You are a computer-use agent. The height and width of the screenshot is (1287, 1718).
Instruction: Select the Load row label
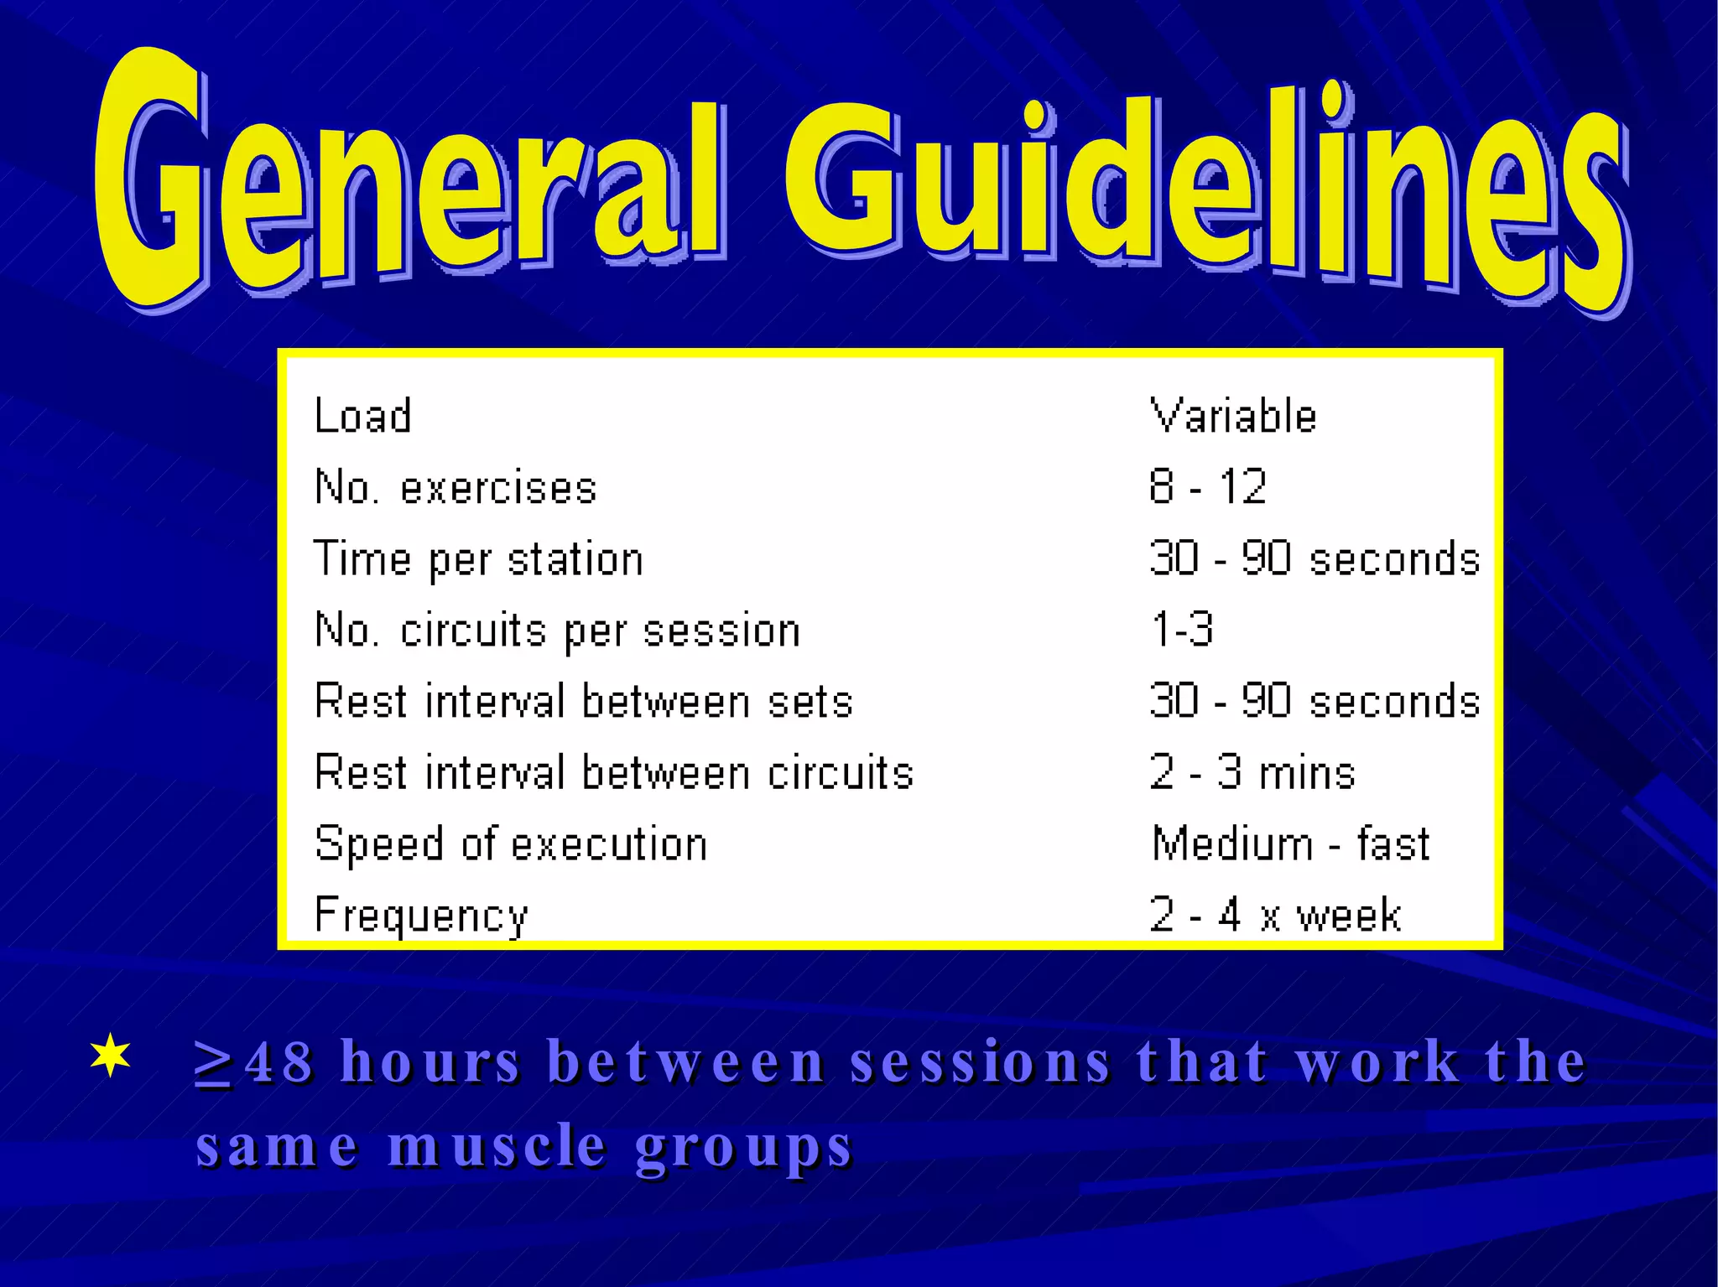pyautogui.click(x=362, y=416)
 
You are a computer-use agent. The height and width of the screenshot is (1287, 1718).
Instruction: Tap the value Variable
pyautogui.click(x=1232, y=416)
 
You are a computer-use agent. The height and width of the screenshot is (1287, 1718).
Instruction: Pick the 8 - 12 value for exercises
pyautogui.click(x=1207, y=487)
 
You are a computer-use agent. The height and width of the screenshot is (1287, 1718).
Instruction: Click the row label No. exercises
pyautogui.click(x=456, y=487)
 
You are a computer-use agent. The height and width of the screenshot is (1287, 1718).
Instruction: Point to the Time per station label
pyautogui.click(x=478, y=559)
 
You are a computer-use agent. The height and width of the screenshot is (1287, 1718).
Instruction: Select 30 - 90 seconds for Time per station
pyautogui.click(x=1314, y=558)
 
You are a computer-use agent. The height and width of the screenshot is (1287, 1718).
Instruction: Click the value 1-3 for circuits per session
pyautogui.click(x=1182, y=630)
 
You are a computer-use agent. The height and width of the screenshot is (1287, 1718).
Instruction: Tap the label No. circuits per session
pyautogui.click(x=557, y=631)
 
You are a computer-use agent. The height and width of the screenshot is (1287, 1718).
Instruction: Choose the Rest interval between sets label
pyautogui.click(x=584, y=701)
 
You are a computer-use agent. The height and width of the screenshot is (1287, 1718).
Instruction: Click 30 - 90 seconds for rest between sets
pyautogui.click(x=1314, y=701)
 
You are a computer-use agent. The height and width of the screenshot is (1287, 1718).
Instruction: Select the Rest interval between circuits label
pyautogui.click(x=614, y=772)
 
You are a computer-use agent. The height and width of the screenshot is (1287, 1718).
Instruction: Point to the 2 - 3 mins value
pyautogui.click(x=1252, y=772)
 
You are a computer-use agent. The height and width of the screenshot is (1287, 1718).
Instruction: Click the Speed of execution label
pyautogui.click(x=511, y=843)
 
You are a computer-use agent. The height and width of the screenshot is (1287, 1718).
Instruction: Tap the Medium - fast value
pyautogui.click(x=1290, y=843)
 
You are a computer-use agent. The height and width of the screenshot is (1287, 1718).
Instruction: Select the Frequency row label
pyautogui.click(x=421, y=915)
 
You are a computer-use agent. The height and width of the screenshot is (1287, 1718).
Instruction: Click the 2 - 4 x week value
pyautogui.click(x=1275, y=915)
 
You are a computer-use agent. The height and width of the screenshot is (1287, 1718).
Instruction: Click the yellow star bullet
pyautogui.click(x=111, y=1056)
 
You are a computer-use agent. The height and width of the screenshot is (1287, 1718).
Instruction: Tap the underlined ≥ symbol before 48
pyautogui.click(x=212, y=1063)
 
